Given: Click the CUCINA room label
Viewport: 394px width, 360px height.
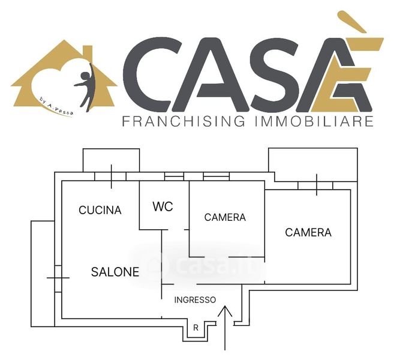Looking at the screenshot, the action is click(100, 210).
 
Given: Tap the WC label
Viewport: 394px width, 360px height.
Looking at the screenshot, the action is click(163, 207).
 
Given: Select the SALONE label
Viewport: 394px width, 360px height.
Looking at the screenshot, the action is click(115, 272).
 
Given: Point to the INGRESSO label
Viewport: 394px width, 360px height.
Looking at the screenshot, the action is click(195, 299).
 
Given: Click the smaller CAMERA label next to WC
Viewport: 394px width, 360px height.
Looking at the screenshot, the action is click(225, 217).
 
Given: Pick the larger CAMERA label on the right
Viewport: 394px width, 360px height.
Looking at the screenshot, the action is click(308, 232).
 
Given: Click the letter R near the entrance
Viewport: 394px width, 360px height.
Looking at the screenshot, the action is click(196, 328).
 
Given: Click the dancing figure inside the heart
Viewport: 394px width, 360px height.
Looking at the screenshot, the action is click(85, 87).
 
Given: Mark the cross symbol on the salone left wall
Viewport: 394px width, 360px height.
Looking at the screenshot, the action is click(58, 278).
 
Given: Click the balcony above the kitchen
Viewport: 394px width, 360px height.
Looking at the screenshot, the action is click(112, 160).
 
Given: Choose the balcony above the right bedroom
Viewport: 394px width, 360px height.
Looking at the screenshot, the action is click(312, 163).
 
